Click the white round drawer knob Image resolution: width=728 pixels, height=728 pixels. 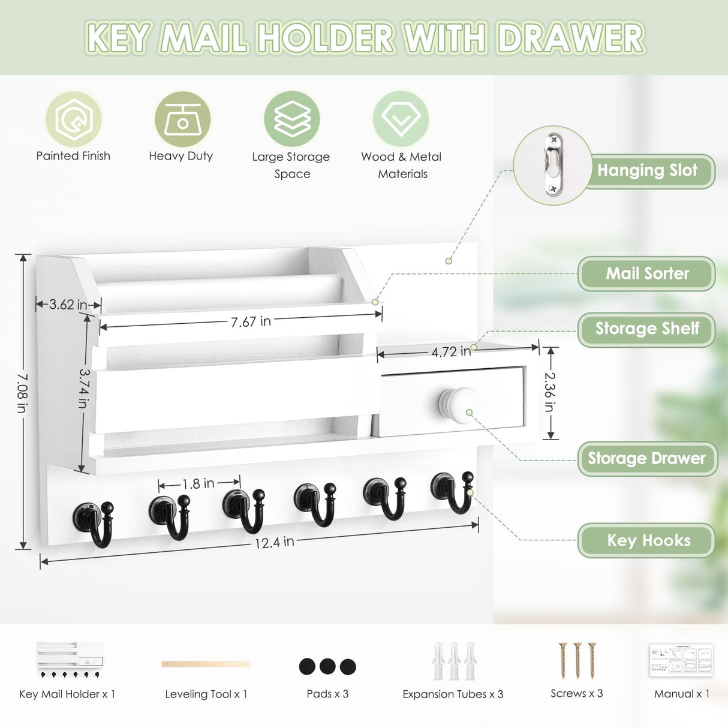click(x=458, y=405)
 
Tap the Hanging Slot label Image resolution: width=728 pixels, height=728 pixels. click(x=647, y=171)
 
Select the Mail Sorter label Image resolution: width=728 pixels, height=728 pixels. click(x=647, y=274)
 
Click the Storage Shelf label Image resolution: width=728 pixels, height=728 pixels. click(x=647, y=329)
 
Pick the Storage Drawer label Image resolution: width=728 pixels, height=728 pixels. click(x=647, y=459)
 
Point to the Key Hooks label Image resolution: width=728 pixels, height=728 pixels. click(x=648, y=540)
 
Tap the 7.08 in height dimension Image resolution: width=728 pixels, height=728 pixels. click(x=22, y=393)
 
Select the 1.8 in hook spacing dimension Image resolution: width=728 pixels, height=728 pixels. click(x=198, y=483)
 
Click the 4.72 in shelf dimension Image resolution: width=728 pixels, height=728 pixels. click(x=451, y=351)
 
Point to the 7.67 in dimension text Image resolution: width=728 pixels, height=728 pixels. click(x=251, y=322)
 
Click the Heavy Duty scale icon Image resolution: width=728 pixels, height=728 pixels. click(x=182, y=119)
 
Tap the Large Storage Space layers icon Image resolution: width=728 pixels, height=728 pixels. click(x=292, y=119)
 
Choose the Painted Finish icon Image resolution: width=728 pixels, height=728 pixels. click(x=73, y=119)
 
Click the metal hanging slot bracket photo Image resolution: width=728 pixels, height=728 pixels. click(x=552, y=165)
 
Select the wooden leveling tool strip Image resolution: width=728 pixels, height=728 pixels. click(x=206, y=664)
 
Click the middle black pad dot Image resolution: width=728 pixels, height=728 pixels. click(x=327, y=666)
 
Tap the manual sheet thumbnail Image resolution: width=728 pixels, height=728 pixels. click(x=681, y=660)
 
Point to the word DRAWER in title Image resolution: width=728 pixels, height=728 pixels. click(x=571, y=38)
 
